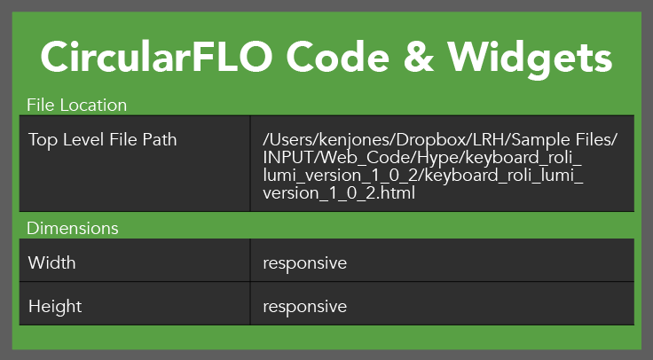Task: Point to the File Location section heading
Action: pos(77,106)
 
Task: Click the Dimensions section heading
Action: pos(73,228)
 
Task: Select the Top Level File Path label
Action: pos(102,139)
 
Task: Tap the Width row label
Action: pos(52,263)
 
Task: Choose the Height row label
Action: pos(55,307)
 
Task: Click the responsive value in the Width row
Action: pos(304,263)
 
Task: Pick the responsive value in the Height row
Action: pos(304,307)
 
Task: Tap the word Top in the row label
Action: pos(43,139)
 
